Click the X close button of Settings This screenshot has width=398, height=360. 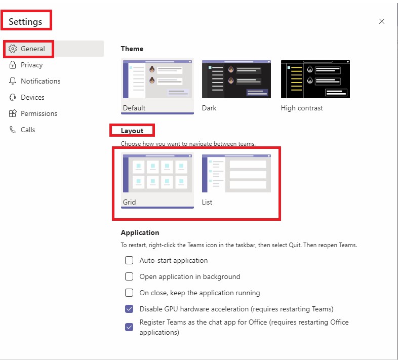[x=382, y=21]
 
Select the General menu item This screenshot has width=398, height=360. [x=33, y=49]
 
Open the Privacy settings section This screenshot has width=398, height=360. [x=31, y=65]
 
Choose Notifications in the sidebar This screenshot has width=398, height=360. [x=40, y=81]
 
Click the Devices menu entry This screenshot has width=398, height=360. [x=32, y=97]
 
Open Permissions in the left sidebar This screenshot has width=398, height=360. [x=38, y=113]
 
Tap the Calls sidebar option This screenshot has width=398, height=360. [x=28, y=130]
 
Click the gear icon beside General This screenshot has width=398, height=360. [x=13, y=49]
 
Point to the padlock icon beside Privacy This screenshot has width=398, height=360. [x=13, y=65]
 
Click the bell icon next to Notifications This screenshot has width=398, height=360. [x=13, y=81]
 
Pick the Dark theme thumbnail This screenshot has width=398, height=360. [x=236, y=79]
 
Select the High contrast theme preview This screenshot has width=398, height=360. [x=315, y=79]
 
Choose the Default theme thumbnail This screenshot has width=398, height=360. [x=157, y=79]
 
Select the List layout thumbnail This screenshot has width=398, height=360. [x=236, y=174]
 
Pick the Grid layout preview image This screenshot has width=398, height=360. [x=157, y=174]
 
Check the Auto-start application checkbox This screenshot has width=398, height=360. [x=129, y=260]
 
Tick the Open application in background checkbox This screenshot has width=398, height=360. [x=129, y=276]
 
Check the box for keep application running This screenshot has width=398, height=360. [x=129, y=293]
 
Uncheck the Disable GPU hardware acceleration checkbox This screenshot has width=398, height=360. [x=129, y=309]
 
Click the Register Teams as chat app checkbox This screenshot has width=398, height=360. [x=129, y=327]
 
